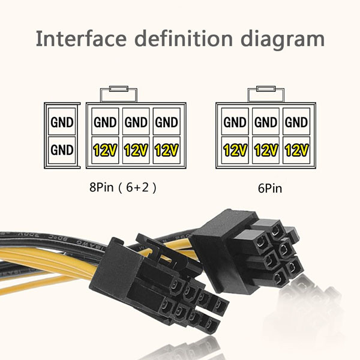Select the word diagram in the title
(282, 40)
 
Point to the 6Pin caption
(270, 188)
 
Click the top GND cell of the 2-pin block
(62, 123)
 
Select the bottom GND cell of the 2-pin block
(62, 150)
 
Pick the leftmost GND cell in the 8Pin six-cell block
(105, 123)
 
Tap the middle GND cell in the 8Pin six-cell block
(136, 123)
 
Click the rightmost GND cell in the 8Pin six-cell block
(167, 123)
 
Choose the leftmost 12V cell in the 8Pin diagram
(105, 151)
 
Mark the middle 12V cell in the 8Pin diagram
(136, 151)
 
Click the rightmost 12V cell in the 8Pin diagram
(167, 151)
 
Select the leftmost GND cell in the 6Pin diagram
(235, 123)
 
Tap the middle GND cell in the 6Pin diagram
(265, 123)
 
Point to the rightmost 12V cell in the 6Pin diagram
(296, 151)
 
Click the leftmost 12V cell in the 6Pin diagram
(235, 151)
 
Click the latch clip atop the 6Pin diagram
(266, 92)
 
